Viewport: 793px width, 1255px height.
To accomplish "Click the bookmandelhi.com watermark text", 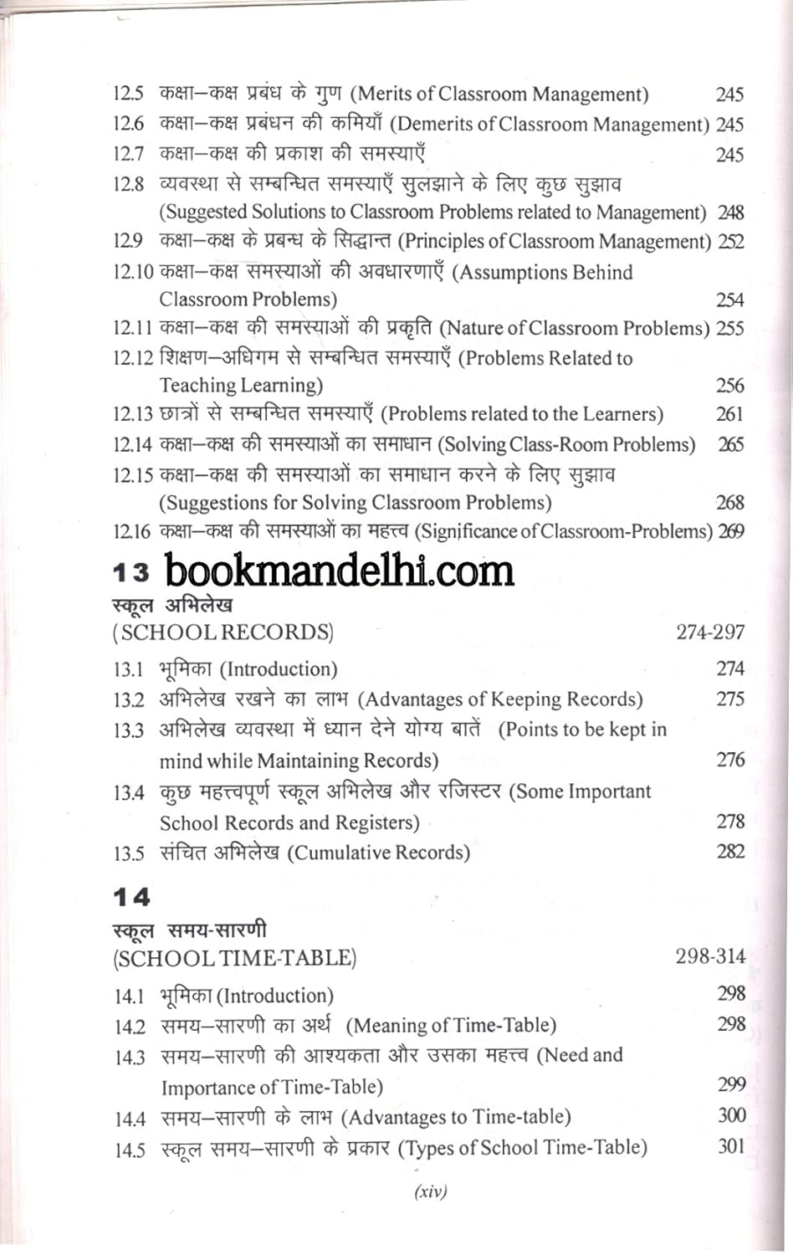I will coord(339,571).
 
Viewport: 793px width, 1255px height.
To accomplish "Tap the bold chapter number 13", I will coord(131,573).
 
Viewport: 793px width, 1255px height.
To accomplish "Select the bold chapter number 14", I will coord(131,898).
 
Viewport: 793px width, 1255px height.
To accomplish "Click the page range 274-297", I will coord(710,633).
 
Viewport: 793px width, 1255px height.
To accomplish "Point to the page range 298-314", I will coord(710,956).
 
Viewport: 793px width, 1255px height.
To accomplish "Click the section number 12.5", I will coord(129,94).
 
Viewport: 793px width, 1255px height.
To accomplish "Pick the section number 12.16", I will coord(131,532).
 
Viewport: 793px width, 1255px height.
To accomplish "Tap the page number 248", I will coord(730,213).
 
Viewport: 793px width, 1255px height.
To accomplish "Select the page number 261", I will coord(729,414).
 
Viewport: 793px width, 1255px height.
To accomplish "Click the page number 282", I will coord(729,852).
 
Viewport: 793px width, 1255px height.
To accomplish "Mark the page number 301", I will coord(731,1146).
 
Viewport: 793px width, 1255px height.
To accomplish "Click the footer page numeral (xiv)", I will coord(431,1191).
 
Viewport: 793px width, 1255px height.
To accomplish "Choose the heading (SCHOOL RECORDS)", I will coord(223,633).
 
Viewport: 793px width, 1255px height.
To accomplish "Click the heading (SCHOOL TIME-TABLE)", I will coord(235,958).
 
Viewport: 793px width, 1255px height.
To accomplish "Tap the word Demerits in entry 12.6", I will coord(436,125).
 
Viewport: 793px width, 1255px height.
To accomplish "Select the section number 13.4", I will coord(129,792).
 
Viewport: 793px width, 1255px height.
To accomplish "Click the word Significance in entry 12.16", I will coord(470,532).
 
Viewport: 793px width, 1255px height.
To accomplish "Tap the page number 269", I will coord(730,532).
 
